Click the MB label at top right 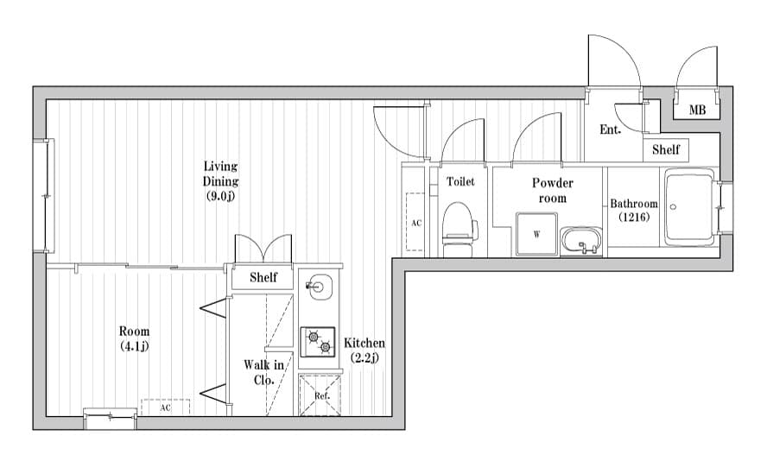click(x=697, y=111)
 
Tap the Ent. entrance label click(x=612, y=130)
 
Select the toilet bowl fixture click(x=459, y=229)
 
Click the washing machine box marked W click(x=536, y=234)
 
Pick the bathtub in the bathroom click(x=688, y=207)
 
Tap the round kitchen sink click(x=318, y=286)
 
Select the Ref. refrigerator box click(x=320, y=395)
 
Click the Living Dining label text click(x=220, y=180)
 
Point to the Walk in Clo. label click(x=263, y=372)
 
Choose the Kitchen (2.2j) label click(x=364, y=350)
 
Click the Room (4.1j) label click(x=134, y=338)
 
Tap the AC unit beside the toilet click(x=415, y=222)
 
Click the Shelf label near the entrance click(x=665, y=149)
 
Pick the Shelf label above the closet click(x=263, y=277)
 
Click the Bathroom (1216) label click(x=634, y=211)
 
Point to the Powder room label click(x=553, y=190)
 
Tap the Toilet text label click(x=460, y=182)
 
